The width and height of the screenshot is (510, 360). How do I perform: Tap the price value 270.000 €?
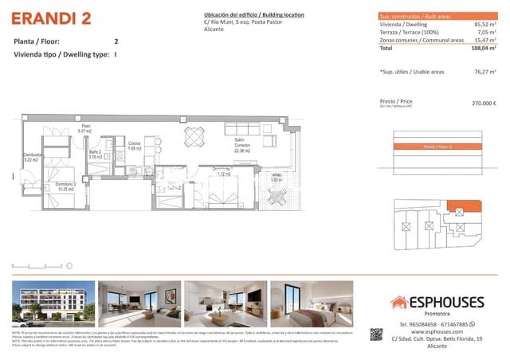(x=484, y=104)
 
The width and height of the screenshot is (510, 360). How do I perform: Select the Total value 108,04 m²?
(x=483, y=49)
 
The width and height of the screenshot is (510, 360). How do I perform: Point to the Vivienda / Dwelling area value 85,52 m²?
(x=484, y=25)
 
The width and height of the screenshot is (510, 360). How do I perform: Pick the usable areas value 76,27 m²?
(x=484, y=72)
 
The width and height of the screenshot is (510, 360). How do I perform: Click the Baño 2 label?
(x=96, y=153)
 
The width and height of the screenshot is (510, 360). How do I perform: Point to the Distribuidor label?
(x=32, y=156)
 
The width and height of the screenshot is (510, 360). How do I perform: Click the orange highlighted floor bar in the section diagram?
(x=439, y=147)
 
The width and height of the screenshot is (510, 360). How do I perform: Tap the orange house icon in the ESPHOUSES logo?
(x=398, y=302)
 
